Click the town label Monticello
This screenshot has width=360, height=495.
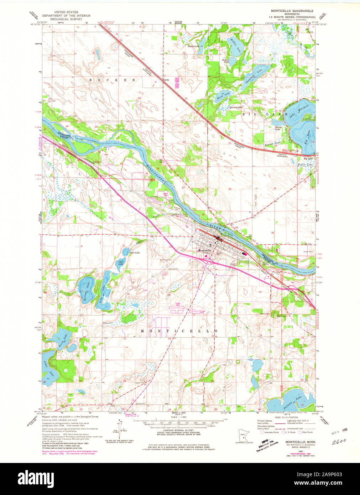pos(205,250)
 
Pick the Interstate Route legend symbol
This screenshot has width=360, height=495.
pos(262,432)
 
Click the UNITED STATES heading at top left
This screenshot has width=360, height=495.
pos(66,12)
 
